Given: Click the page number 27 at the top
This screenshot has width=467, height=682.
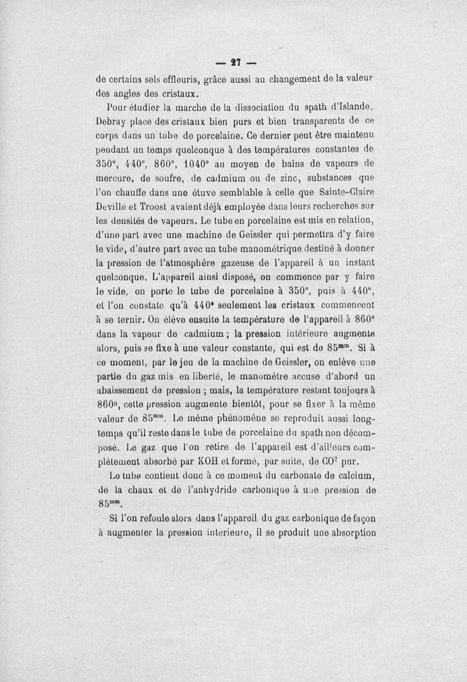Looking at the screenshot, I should click(x=236, y=61).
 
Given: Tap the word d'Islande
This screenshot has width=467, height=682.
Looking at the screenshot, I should click(x=347, y=107).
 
